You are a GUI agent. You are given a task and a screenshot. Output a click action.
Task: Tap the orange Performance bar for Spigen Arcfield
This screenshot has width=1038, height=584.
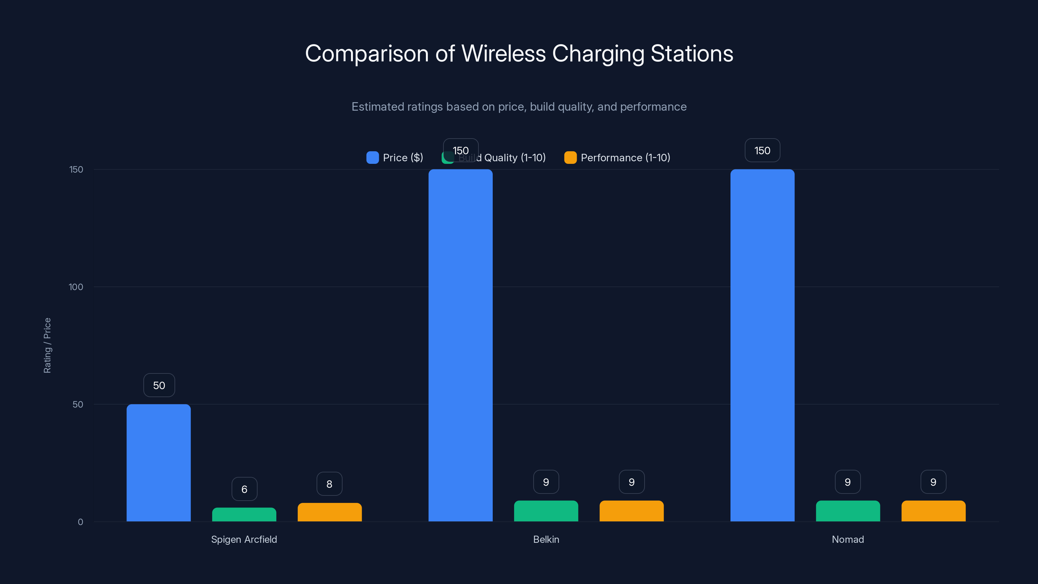pos(330,512)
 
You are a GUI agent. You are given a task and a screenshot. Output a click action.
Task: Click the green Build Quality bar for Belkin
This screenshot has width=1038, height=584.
pos(546,511)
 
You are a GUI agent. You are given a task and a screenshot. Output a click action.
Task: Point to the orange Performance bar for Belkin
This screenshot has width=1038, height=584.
pos(632,511)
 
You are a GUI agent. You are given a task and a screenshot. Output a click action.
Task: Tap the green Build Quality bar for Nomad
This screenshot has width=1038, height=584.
pos(848,511)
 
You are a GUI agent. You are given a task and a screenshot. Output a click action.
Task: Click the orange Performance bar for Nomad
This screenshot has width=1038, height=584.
pos(933,511)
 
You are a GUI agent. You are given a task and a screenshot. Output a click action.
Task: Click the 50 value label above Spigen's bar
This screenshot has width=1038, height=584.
pos(159,385)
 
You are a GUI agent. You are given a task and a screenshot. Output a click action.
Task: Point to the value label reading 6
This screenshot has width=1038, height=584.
pos(244,489)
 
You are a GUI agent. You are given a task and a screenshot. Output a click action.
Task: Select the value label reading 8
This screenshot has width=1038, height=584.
pos(329,484)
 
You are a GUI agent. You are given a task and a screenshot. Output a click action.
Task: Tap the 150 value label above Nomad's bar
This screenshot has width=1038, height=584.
pos(762,150)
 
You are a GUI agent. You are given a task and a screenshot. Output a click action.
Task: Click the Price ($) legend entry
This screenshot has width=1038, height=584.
pos(395,158)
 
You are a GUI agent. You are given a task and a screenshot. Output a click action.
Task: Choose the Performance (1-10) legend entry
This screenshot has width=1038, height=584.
pos(617,158)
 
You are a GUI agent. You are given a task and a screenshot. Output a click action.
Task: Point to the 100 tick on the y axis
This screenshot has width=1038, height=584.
pos(76,287)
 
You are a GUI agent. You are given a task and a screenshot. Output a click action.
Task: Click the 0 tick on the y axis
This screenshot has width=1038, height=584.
pos(80,522)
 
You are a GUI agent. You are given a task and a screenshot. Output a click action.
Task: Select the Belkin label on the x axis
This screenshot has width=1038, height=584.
pos(546,539)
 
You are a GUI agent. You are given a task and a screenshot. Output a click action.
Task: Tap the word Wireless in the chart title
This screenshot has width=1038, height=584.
pos(503,54)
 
